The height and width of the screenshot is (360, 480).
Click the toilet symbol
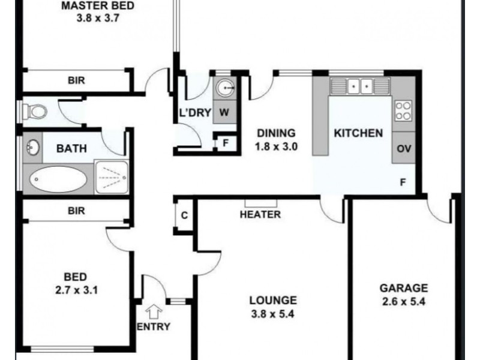pyautogui.click(x=35, y=111)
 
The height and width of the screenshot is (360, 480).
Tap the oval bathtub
pyautogui.click(x=58, y=179)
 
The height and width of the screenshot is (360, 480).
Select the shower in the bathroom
pyautogui.click(x=112, y=177)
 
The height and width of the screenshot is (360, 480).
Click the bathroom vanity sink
pyautogui.click(x=33, y=148)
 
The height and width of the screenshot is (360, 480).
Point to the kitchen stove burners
pyautogui.click(x=403, y=110)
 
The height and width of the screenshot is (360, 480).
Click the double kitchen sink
pyautogui.click(x=360, y=86)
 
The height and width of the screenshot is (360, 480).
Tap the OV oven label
pyautogui.click(x=404, y=149)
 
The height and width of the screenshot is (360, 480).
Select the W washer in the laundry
pyautogui.click(x=224, y=112)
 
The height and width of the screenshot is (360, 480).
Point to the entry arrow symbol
pyautogui.click(x=154, y=311)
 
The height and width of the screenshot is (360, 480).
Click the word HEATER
pyautogui.click(x=260, y=214)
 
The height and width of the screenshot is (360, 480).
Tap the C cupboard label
pyautogui.click(x=184, y=215)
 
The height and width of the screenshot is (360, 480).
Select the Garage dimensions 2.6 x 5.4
pyautogui.click(x=404, y=302)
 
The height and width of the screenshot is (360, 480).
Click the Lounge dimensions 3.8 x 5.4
pyautogui.click(x=273, y=314)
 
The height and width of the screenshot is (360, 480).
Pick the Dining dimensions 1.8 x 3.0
pyautogui.click(x=276, y=146)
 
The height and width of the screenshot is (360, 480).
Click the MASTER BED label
pyautogui.click(x=98, y=5)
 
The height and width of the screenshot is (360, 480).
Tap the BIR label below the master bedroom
pyautogui.click(x=76, y=80)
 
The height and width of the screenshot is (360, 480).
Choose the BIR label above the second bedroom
pyautogui.click(x=76, y=211)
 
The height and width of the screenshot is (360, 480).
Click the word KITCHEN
pyautogui.click(x=358, y=133)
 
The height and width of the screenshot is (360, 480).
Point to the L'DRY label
pyautogui.click(x=195, y=113)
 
